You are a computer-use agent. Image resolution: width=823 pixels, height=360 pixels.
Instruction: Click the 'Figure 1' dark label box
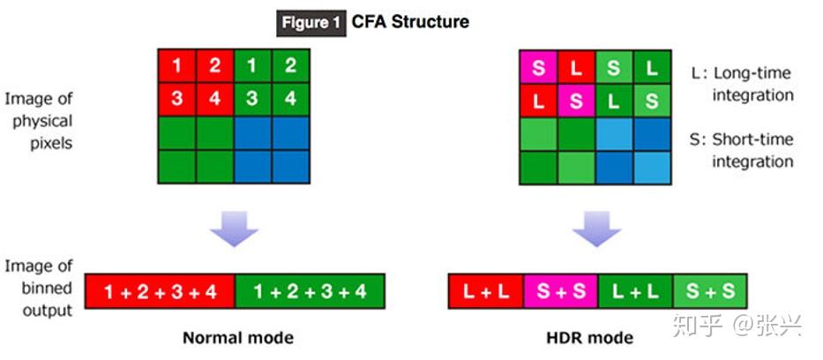[311, 22]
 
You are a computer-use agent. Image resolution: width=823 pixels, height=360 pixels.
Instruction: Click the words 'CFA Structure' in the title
[411, 21]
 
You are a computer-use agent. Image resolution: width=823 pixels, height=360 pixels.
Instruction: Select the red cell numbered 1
[177, 65]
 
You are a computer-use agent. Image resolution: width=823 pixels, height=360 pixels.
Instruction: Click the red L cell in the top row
[575, 67]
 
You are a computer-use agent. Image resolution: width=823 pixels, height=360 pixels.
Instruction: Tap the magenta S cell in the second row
[575, 101]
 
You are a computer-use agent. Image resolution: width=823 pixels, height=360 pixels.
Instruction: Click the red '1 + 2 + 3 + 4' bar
[160, 291]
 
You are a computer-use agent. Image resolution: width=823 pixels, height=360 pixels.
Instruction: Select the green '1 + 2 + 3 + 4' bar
[310, 291]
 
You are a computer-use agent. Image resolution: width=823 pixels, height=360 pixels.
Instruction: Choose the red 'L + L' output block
[486, 291]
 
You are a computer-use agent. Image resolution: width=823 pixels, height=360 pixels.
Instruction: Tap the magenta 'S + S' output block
[560, 291]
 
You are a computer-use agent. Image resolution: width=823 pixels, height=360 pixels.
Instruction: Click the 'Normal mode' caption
[237, 338]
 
